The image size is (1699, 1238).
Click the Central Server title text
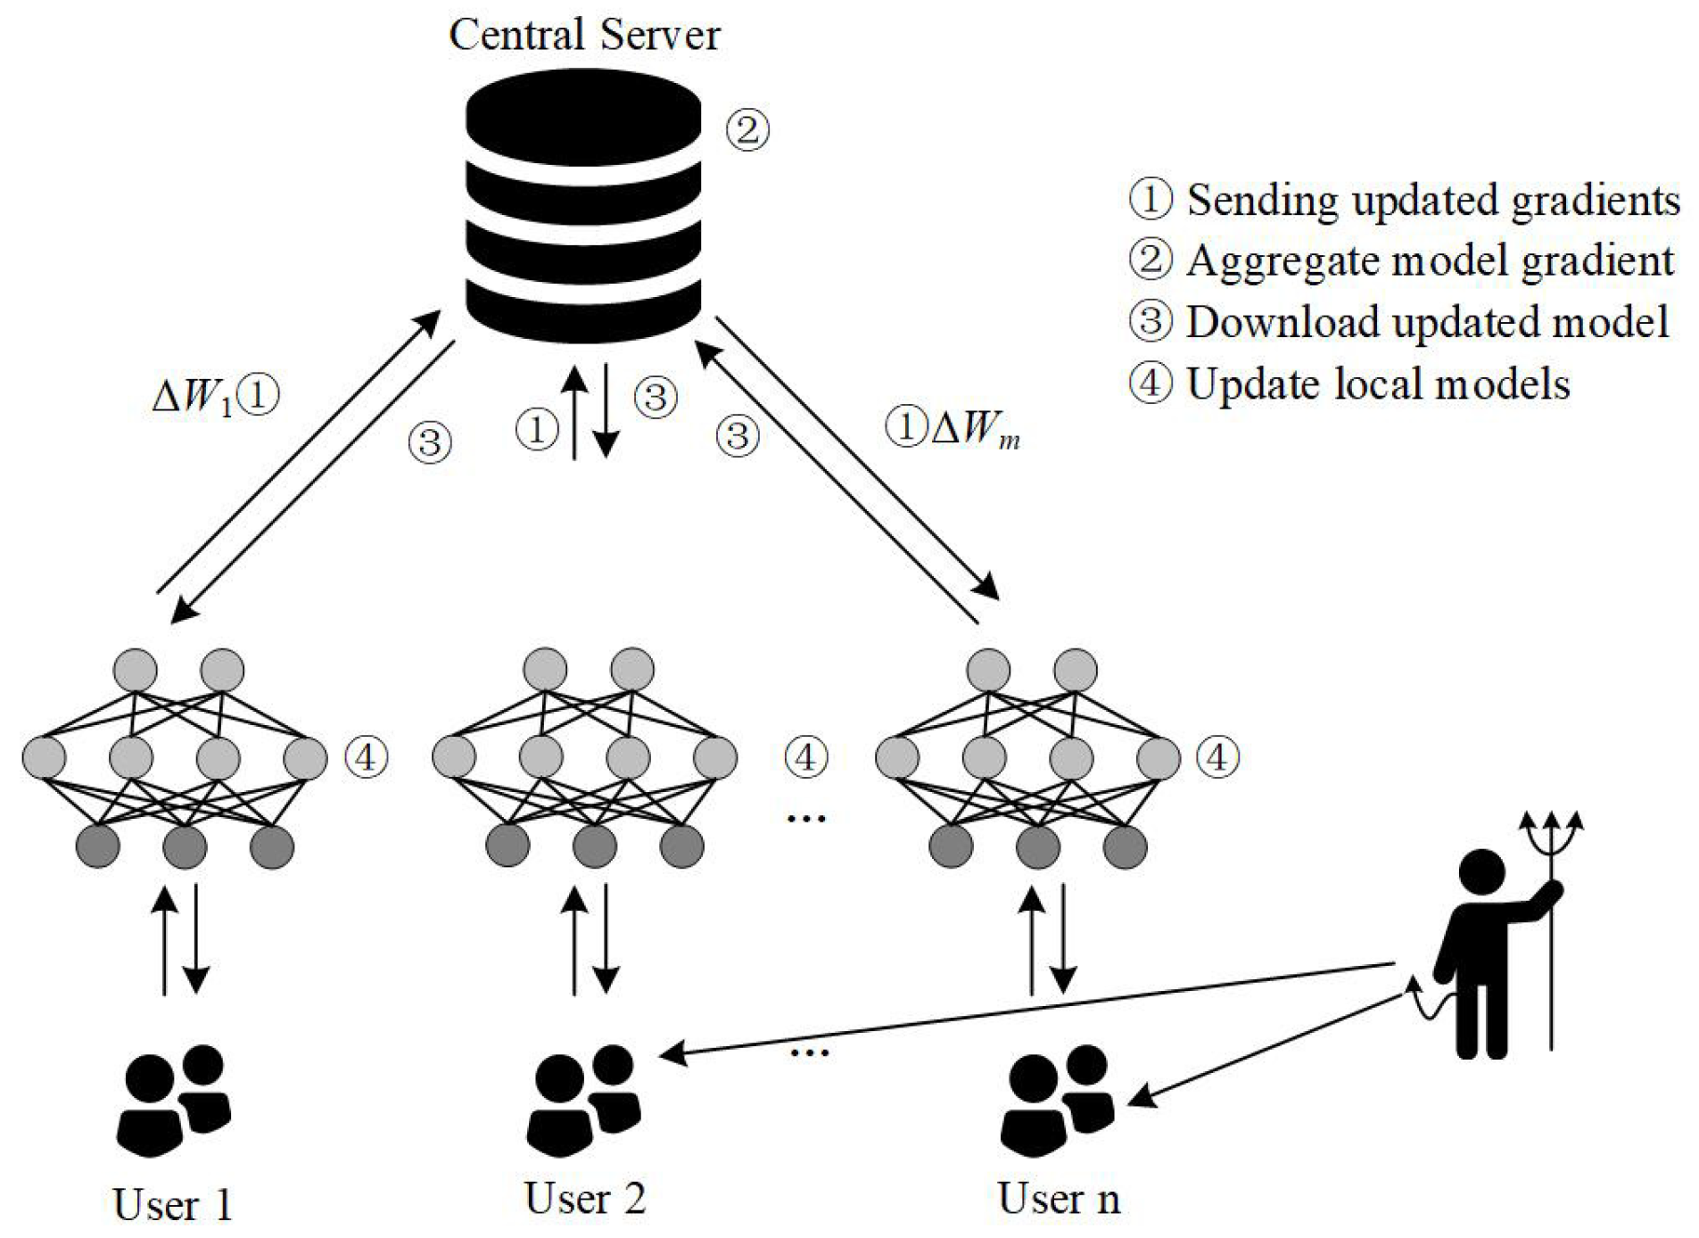[584, 36]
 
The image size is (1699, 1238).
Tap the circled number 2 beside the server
[746, 129]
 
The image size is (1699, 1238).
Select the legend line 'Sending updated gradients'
[1404, 200]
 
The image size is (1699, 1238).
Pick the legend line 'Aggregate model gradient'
[1401, 260]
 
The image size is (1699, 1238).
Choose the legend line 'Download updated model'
[1398, 322]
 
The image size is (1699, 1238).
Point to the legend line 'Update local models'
[1349, 384]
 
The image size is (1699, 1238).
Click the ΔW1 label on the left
[193, 396]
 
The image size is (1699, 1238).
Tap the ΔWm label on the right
[974, 429]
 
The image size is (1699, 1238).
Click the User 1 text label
[172, 1205]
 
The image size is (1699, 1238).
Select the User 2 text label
[584, 1198]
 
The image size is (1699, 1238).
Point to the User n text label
[1058, 1198]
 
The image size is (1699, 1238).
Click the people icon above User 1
[174, 1100]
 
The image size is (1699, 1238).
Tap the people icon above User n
[1058, 1100]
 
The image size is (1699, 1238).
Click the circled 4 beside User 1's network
[366, 757]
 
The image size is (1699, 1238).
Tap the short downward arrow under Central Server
[606, 410]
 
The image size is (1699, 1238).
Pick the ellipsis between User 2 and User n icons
[809, 1053]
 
